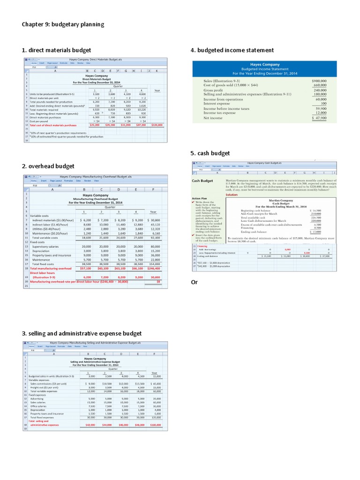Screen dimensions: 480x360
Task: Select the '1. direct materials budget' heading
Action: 56,50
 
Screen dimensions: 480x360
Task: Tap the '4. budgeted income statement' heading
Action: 232,50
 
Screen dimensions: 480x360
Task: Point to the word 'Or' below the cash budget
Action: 195,282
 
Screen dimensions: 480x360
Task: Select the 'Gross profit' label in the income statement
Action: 214,90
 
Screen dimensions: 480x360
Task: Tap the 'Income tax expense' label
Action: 219,112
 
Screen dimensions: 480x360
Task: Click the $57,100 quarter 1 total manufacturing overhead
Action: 86,269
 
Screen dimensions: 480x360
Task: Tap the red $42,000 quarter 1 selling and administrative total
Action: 90,425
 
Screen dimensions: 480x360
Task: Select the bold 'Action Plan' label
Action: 200,198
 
